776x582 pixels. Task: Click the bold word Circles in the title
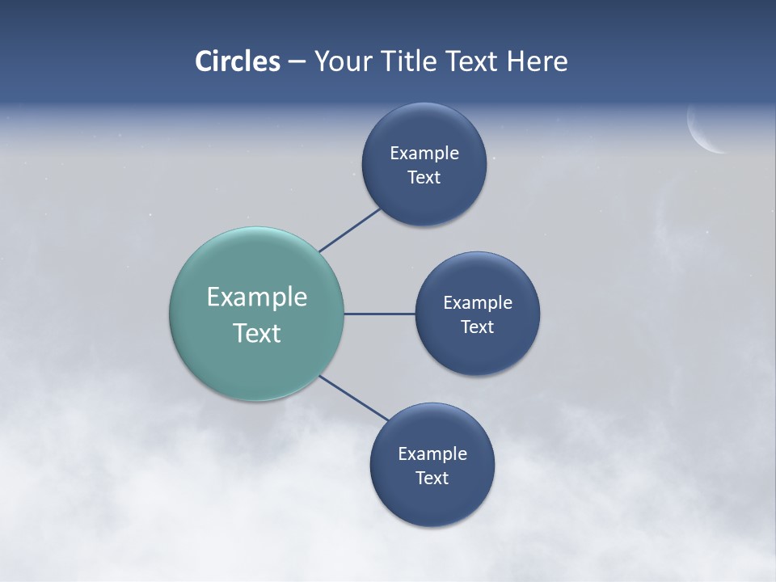238,61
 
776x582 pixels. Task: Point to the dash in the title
297,62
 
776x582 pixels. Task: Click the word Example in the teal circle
257,297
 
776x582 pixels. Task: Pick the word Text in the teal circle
257,333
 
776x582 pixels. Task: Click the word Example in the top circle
424,153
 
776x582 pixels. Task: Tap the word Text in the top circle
424,177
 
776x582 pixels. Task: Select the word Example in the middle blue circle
478,302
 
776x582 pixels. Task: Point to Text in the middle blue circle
477,327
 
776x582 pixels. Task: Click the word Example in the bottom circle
432,453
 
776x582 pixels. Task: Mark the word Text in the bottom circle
432,478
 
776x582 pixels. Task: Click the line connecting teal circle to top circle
350,230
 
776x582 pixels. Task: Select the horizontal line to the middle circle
380,314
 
